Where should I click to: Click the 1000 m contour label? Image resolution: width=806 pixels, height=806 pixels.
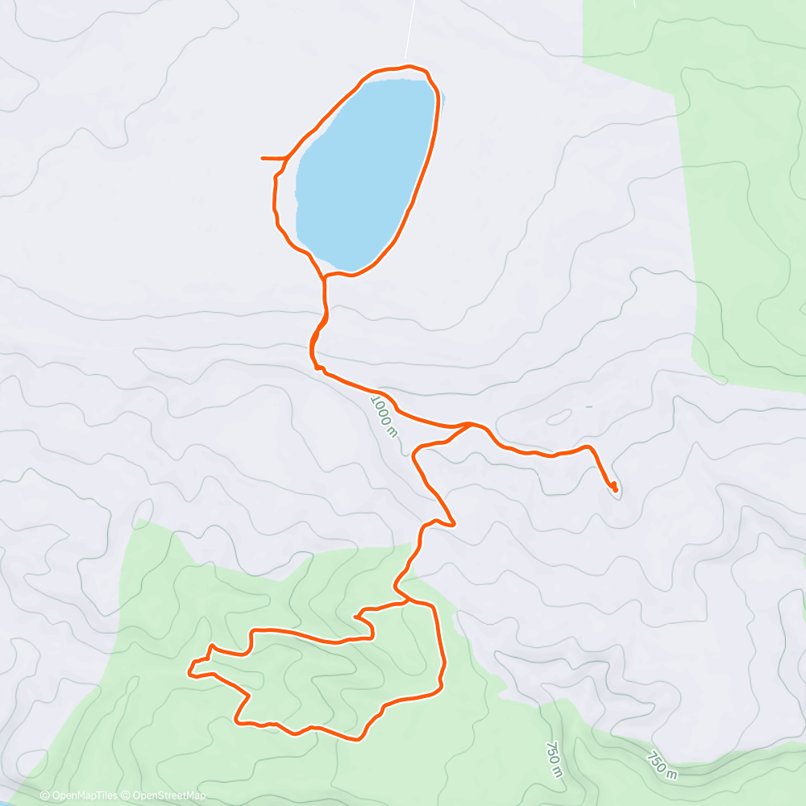coord(384,416)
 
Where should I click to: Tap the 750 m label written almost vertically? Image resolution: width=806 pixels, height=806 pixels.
coord(554,759)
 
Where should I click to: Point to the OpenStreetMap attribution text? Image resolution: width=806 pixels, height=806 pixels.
coord(169,796)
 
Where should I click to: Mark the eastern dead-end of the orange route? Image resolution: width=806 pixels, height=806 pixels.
coord(616,488)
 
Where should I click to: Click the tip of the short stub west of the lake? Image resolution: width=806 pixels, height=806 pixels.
coord(264,159)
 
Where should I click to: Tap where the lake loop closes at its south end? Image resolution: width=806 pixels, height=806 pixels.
coord(324,276)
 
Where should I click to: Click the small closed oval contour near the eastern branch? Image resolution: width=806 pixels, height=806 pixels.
coord(558,418)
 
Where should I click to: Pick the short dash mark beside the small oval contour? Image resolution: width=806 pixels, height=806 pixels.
coord(588,407)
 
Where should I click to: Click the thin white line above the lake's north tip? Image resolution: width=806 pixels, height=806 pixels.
coord(410,32)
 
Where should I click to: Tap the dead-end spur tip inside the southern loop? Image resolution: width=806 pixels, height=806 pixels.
coord(355,617)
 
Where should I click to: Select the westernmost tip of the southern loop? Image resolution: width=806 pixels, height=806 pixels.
coord(189,670)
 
